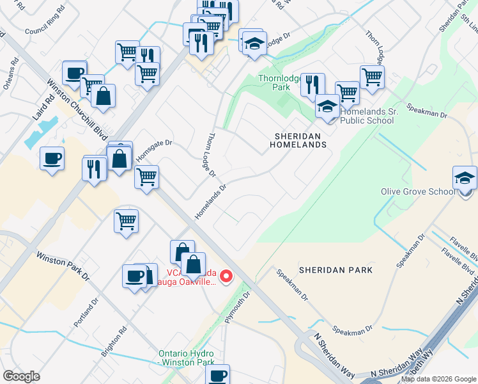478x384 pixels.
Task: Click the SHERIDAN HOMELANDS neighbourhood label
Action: [300, 140]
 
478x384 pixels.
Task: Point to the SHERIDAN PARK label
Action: [343, 270]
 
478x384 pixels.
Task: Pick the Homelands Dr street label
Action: [210, 202]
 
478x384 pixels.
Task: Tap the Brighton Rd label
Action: [114, 342]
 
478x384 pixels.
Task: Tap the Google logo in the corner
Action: [21, 376]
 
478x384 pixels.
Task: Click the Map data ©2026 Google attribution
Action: [438, 379]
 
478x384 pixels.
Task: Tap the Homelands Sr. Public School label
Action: [367, 115]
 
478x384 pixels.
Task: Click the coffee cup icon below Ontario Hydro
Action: [219, 376]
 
